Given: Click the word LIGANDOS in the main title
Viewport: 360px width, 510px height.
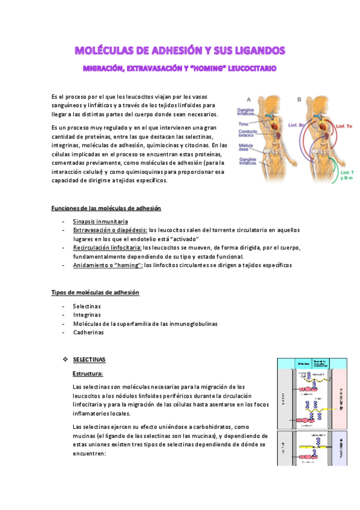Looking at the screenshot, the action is click(x=252, y=50).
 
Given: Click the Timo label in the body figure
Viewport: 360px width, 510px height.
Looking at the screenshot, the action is click(x=243, y=124).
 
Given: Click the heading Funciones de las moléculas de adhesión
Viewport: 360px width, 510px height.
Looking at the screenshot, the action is click(x=106, y=208).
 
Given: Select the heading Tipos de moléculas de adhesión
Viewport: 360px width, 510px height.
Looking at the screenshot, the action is click(x=96, y=292).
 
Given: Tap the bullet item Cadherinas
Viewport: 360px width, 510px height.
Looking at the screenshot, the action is click(x=88, y=332).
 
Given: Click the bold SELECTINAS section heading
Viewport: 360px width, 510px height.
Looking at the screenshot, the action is click(x=89, y=360).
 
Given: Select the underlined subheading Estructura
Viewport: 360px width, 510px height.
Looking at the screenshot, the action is click(x=88, y=373).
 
